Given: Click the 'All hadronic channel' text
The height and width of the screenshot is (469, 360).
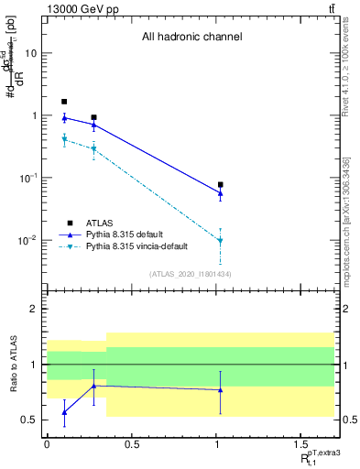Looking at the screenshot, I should pos(191,38).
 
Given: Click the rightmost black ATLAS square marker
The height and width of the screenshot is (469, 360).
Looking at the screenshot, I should pos(220,185).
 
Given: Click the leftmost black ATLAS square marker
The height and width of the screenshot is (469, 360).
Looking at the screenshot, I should pos(64,102).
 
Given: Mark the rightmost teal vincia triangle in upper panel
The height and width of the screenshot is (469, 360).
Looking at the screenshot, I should pos(220,240).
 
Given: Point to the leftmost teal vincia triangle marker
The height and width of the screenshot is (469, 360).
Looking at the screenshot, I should pos(64,139).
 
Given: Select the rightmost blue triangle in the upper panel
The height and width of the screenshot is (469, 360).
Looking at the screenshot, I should pos(220,192).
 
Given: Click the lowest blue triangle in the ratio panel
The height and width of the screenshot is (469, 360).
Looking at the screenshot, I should pos(64,412).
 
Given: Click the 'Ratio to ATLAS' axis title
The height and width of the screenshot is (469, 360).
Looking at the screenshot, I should pos(12,365).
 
